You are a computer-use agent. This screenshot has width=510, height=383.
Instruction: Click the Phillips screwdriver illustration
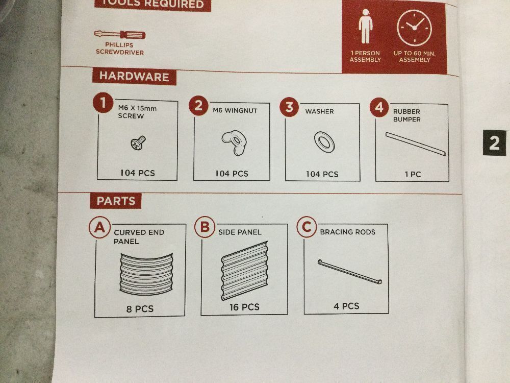click(120, 34)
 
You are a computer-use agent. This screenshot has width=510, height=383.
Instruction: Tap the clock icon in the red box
click(414, 28)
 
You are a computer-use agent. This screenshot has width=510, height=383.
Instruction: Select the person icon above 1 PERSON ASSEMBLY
click(365, 26)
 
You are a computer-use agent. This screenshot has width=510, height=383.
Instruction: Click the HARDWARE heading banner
click(134, 77)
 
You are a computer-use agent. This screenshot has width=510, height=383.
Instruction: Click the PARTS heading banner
click(116, 201)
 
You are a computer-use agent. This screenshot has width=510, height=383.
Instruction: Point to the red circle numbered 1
click(103, 103)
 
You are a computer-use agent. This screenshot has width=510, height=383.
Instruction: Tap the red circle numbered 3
click(289, 107)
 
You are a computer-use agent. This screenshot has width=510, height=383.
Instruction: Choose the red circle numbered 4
click(379, 107)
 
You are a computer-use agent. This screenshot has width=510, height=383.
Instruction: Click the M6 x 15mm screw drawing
click(138, 142)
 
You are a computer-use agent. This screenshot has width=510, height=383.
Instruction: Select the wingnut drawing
click(234, 142)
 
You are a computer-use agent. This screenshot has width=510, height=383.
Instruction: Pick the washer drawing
click(324, 142)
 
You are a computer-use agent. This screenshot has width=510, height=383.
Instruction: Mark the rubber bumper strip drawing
click(416, 144)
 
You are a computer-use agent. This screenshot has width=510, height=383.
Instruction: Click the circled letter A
click(99, 227)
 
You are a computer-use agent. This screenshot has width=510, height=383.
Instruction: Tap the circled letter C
click(307, 226)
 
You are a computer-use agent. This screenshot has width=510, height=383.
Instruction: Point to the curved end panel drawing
click(146, 274)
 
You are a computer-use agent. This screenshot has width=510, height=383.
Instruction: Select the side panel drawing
click(245, 271)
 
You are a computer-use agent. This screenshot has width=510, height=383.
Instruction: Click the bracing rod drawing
click(350, 272)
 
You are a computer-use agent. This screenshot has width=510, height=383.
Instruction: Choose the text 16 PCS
click(244, 307)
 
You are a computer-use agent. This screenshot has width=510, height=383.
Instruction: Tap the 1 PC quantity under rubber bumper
click(413, 175)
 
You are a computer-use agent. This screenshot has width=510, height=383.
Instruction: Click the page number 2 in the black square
click(494, 143)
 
